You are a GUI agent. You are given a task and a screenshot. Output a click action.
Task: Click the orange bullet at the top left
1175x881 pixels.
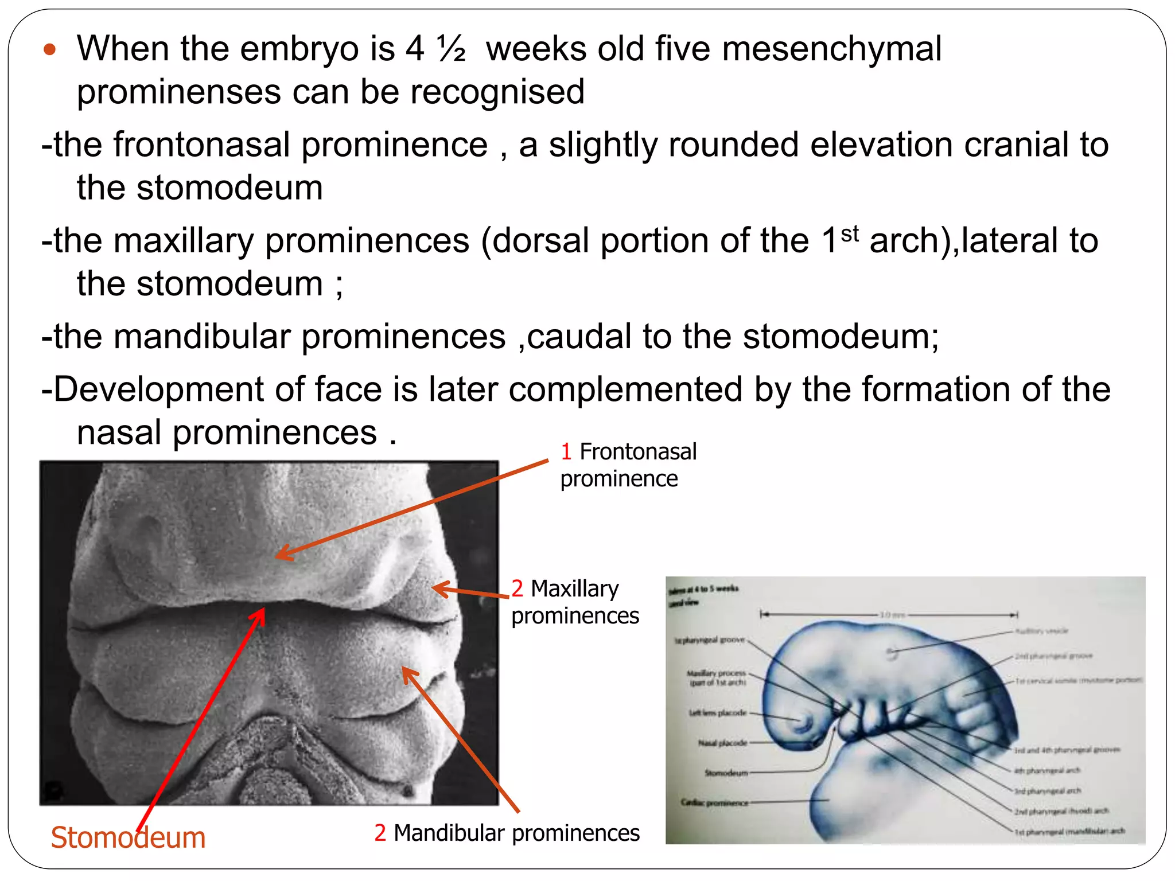pyautogui.click(x=50, y=49)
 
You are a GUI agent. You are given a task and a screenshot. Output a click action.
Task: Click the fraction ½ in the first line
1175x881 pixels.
pyautogui.click(x=451, y=48)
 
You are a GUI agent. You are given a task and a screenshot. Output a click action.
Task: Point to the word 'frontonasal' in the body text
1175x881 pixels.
pyautogui.click(x=202, y=145)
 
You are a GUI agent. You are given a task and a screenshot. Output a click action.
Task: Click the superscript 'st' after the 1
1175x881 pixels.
pyautogui.click(x=850, y=234)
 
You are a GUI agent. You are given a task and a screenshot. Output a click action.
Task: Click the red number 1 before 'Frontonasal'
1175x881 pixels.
pyautogui.click(x=566, y=452)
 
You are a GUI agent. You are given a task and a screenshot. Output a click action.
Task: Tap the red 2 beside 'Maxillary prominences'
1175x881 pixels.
pyautogui.click(x=517, y=589)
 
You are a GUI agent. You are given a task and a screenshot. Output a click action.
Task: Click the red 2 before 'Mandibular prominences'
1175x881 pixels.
pyautogui.click(x=380, y=833)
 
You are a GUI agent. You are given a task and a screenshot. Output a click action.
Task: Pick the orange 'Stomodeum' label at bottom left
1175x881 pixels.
pyautogui.click(x=128, y=838)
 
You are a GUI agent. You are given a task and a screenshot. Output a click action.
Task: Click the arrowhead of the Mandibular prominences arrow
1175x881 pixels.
pyautogui.click(x=404, y=669)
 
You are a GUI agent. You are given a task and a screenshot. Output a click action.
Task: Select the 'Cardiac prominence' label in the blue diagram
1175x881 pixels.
pyautogui.click(x=714, y=802)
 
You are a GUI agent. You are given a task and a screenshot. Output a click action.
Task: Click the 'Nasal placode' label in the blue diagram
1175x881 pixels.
pyautogui.click(x=722, y=743)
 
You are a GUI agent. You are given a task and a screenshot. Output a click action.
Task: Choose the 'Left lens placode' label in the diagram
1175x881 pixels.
pyautogui.click(x=717, y=713)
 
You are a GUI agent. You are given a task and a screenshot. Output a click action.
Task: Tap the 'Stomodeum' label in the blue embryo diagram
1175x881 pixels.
pyautogui.click(x=726, y=773)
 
